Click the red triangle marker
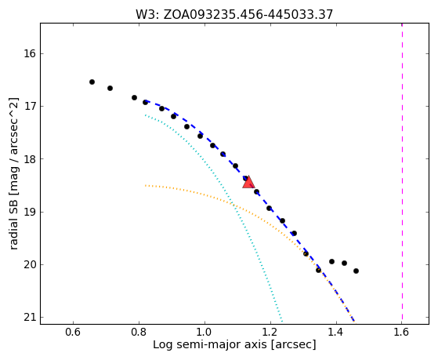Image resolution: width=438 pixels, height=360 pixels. coord(248,182)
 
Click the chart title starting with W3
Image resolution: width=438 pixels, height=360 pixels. coord(234,15)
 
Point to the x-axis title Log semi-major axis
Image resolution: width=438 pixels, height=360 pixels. coord(234,344)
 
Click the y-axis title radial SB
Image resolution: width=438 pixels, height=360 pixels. coord(13,173)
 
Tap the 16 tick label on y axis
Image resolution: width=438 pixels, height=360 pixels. coord(30,53)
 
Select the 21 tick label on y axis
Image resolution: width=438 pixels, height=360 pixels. coord(30,318)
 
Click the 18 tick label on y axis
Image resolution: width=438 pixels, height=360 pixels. coord(30,159)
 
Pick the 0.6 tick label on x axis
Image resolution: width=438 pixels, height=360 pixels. coord(73,332)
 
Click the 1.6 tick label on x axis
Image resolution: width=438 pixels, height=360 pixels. coord(401,332)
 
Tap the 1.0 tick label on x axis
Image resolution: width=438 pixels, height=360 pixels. coord(205,332)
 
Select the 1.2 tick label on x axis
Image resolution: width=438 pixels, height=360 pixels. coord(270,332)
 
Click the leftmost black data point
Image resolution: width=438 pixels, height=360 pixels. coord(92,82)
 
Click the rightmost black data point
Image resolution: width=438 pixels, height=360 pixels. coord(356,271)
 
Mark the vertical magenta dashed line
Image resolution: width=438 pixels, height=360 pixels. coord(402,173)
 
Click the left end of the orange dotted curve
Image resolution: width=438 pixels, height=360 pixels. coord(145,185)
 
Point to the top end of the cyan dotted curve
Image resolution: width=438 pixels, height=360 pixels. coord(145,115)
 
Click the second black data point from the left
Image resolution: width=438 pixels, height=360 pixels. coord(110,88)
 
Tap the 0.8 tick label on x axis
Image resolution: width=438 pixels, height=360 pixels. coord(139,332)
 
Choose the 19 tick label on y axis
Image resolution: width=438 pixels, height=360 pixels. coord(30,212)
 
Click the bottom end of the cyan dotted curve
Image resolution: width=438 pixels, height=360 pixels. coord(282,322)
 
